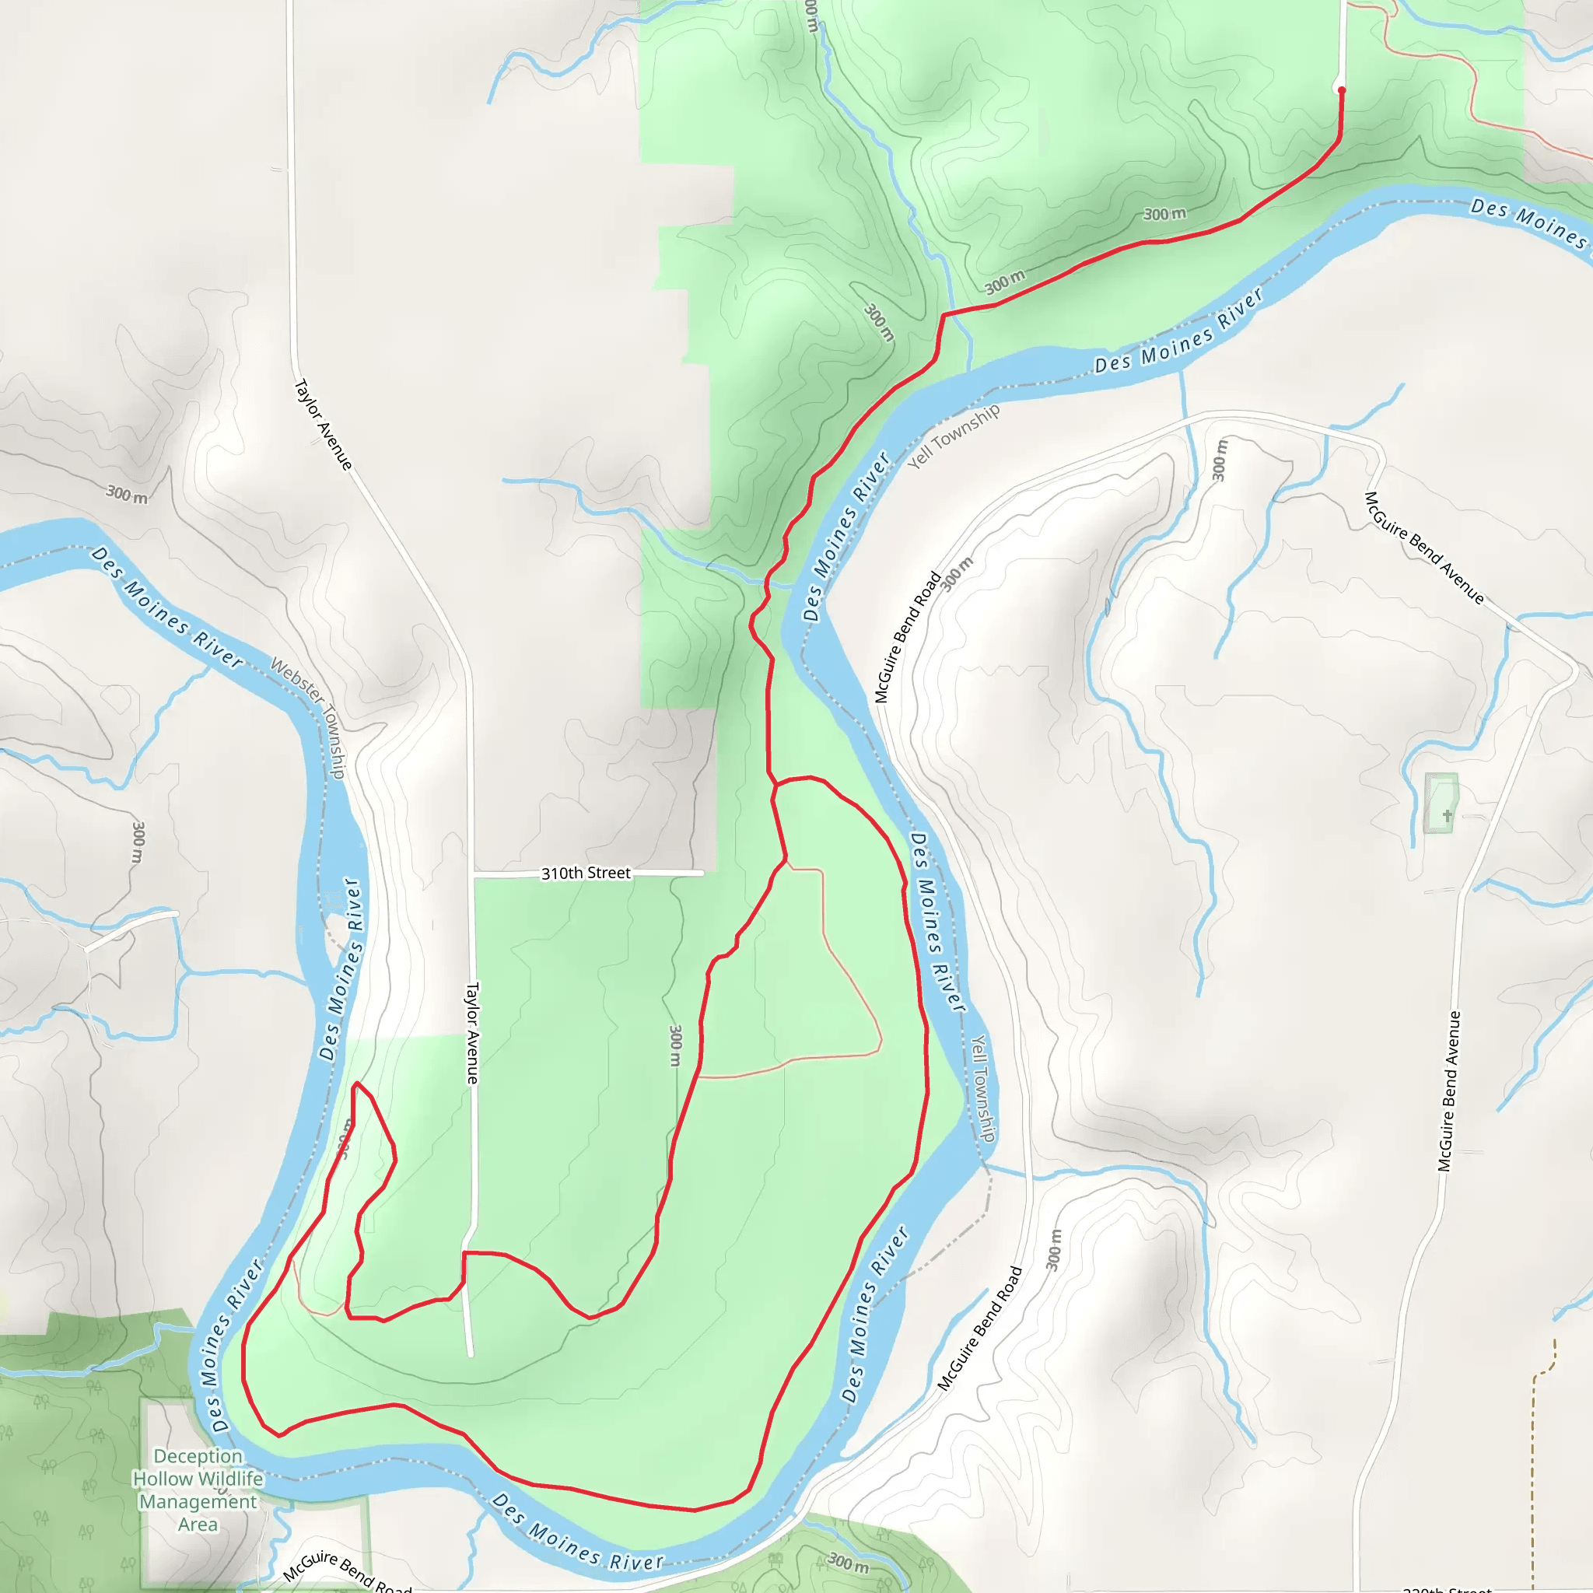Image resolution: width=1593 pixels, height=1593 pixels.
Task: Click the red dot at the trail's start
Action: click(1342, 90)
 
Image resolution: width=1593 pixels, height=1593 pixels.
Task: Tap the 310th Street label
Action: click(586, 874)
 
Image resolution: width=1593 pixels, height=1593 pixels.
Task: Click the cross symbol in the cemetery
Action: click(1447, 815)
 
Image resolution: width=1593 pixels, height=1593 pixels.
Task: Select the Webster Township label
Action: click(308, 717)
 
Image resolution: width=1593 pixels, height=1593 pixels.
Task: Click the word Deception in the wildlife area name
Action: click(198, 1456)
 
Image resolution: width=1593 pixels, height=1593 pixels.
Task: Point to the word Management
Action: click(198, 1501)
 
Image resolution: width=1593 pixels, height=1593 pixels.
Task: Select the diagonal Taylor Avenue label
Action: click(324, 425)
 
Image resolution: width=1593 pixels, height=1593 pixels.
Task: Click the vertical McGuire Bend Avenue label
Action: click(1448, 1091)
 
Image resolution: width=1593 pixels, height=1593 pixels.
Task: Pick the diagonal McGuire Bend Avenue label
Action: click(1424, 548)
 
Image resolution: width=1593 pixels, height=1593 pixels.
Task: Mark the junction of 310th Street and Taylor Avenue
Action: click(472, 874)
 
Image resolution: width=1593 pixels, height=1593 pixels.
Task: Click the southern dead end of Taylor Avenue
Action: click(471, 1355)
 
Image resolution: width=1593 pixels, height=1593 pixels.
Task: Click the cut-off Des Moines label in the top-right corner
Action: click(1529, 222)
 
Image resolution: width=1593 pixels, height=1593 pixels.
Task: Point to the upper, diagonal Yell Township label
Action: click(954, 436)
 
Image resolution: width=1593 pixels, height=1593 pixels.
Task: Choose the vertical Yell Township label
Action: click(982, 1088)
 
